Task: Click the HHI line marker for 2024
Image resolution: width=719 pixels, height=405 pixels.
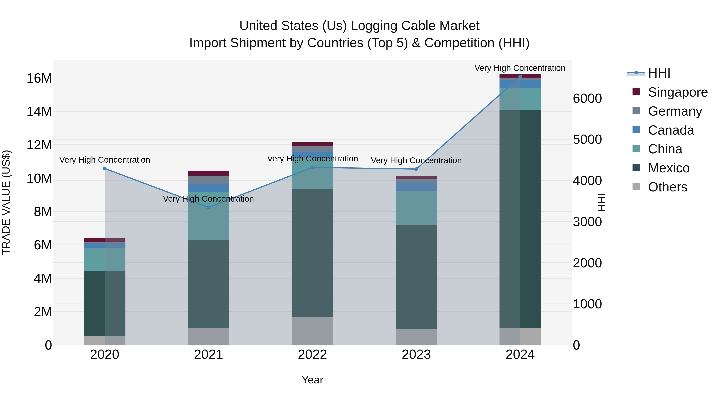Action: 520,77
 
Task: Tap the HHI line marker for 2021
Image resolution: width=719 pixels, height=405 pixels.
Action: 209,207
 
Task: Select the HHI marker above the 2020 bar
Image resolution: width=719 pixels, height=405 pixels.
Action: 105,169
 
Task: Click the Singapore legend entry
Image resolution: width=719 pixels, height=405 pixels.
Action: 677,92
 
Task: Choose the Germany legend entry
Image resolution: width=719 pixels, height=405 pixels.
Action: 675,111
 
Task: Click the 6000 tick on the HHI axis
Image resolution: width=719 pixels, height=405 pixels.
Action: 587,98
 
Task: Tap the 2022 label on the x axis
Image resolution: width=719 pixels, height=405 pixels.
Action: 312,355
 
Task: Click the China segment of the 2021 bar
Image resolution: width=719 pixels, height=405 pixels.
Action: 209,221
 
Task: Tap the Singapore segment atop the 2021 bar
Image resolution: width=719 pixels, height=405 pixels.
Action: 209,173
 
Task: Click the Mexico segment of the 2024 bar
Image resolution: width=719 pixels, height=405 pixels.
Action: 520,219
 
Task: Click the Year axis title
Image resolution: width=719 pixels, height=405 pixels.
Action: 312,380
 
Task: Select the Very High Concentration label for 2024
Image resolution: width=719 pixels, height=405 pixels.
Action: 520,68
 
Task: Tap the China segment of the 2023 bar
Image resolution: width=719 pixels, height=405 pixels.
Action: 416,208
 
